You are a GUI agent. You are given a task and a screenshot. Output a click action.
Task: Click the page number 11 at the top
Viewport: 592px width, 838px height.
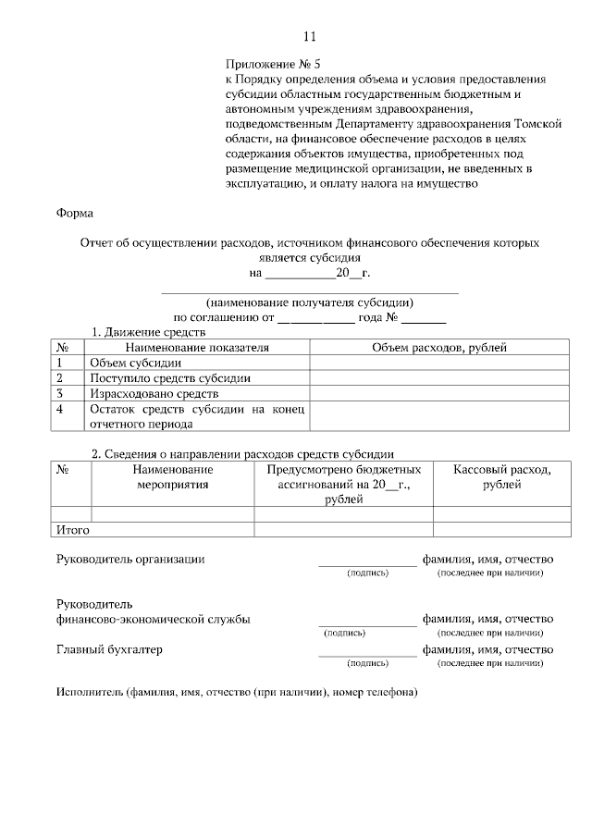(x=310, y=37)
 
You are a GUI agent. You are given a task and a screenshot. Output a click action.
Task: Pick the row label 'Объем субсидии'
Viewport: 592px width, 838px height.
(x=129, y=363)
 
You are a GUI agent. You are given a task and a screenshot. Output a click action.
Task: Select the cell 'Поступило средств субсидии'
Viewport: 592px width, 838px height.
(x=169, y=377)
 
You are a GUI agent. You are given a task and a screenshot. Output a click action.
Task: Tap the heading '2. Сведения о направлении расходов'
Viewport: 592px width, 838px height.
(x=242, y=454)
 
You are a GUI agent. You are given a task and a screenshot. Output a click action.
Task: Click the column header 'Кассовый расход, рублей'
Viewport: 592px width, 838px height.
(x=502, y=477)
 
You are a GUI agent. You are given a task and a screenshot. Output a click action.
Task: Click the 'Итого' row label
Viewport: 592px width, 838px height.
(x=72, y=530)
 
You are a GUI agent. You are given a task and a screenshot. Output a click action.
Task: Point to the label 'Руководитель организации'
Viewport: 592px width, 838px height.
(x=130, y=560)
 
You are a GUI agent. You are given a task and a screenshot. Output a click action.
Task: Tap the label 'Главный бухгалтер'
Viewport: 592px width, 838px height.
(x=109, y=649)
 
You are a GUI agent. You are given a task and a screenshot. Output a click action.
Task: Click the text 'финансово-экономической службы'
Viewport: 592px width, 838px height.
(x=153, y=619)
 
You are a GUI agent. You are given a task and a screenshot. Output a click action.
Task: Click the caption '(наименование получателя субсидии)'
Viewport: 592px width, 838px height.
(x=310, y=302)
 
